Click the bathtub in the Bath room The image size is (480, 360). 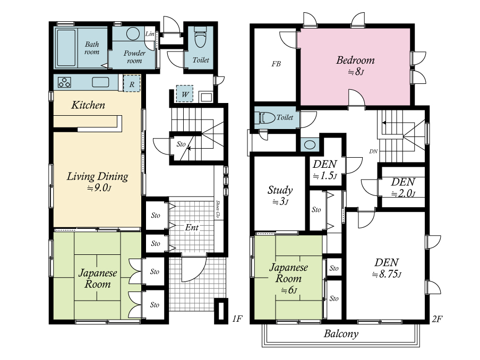66,48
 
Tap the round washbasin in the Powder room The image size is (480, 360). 133,33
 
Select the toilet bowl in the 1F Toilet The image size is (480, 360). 200,38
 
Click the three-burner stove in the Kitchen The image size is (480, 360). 65,82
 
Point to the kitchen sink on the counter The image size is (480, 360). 100,82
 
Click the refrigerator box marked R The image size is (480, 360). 132,83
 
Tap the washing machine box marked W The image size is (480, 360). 185,94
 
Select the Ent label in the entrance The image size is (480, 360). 192,227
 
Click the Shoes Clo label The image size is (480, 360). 218,209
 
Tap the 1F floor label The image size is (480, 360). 237,319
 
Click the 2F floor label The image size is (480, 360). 437,319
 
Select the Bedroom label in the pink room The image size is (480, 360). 355,60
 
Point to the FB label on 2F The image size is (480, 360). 276,64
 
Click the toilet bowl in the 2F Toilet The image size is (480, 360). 267,118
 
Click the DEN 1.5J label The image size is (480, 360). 325,169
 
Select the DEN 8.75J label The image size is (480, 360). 387,268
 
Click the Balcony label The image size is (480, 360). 341,333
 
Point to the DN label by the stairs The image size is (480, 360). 373,151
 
